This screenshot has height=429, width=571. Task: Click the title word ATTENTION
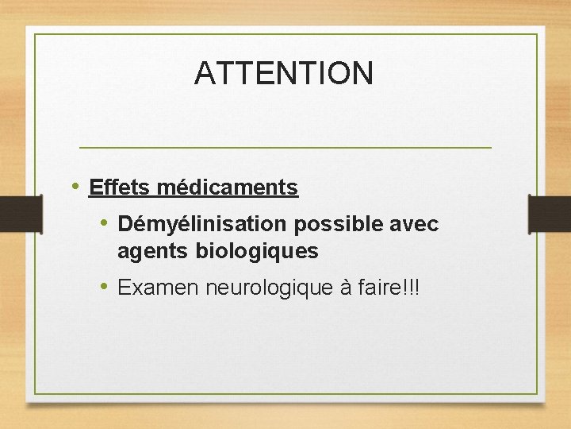(283, 73)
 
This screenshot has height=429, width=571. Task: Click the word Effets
(120, 187)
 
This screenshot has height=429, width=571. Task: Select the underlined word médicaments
(227, 187)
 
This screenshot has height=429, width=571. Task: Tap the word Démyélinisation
(202, 225)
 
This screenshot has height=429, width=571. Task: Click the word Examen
(159, 288)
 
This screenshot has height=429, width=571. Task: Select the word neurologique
(269, 288)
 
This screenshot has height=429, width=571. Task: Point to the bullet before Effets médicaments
(75, 187)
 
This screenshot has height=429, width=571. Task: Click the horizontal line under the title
(285, 148)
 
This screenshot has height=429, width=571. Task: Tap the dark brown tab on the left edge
(20, 214)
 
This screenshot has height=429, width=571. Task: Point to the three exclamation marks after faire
(410, 288)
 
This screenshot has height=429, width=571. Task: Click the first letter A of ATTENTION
(205, 73)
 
